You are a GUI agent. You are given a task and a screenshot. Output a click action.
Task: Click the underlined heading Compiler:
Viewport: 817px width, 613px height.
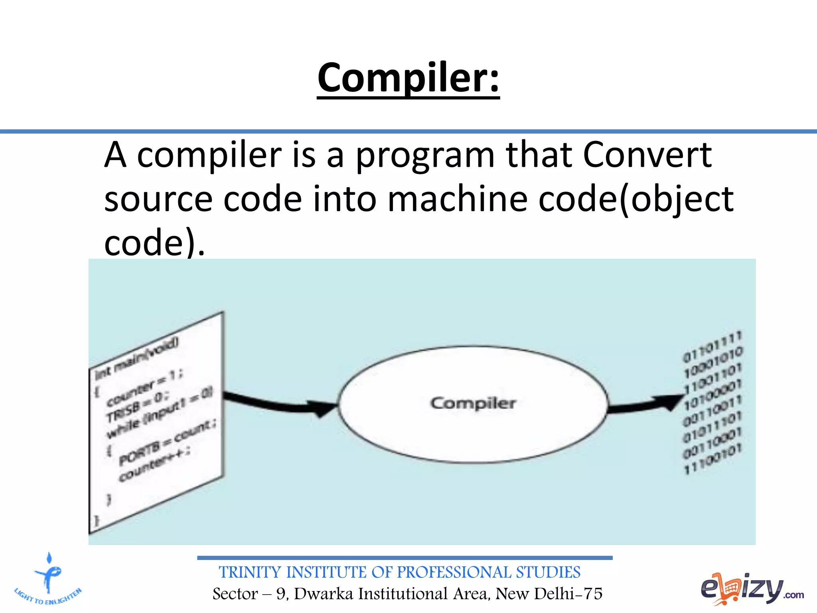(408, 78)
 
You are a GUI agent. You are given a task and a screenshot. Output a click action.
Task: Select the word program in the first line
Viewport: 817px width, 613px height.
(425, 156)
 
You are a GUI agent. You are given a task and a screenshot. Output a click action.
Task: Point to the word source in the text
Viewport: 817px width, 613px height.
(158, 200)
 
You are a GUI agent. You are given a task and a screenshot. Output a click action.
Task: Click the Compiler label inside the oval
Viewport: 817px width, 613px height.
(473, 403)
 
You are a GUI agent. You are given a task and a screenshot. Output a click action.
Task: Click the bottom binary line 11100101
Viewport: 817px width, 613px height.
(713, 459)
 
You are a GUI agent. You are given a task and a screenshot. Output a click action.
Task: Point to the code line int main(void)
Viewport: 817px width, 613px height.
(137, 358)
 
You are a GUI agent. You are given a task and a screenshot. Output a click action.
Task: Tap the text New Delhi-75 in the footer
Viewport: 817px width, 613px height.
(549, 594)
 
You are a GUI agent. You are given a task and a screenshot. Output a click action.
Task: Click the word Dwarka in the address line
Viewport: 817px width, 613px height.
(324, 594)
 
